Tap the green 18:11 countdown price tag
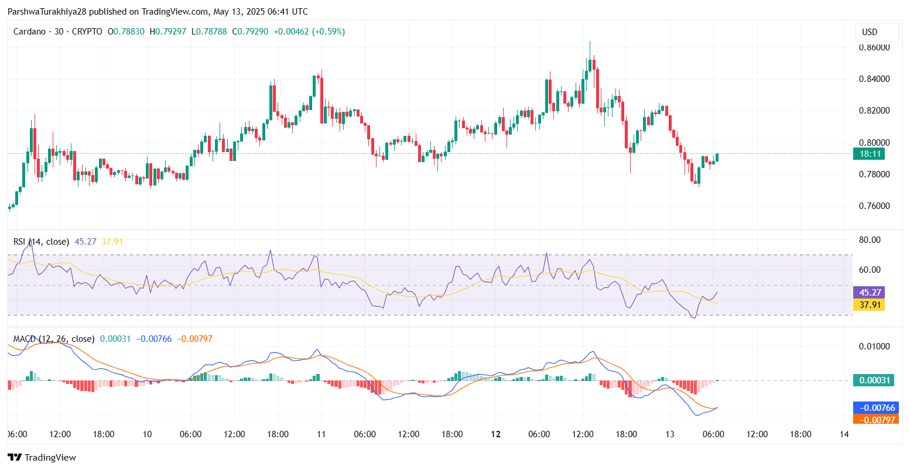[868, 155]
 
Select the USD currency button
[877, 32]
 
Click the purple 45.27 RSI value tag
[868, 293]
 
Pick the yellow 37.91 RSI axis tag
[868, 305]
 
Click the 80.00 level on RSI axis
[870, 240]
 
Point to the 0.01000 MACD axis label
[874, 347]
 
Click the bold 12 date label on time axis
[495, 434]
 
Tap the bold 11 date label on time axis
[321, 434]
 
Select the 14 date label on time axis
[844, 434]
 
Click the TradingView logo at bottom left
[42, 458]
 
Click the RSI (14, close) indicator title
[41, 242]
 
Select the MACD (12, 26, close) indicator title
[54, 339]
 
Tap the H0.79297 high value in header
[168, 32]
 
